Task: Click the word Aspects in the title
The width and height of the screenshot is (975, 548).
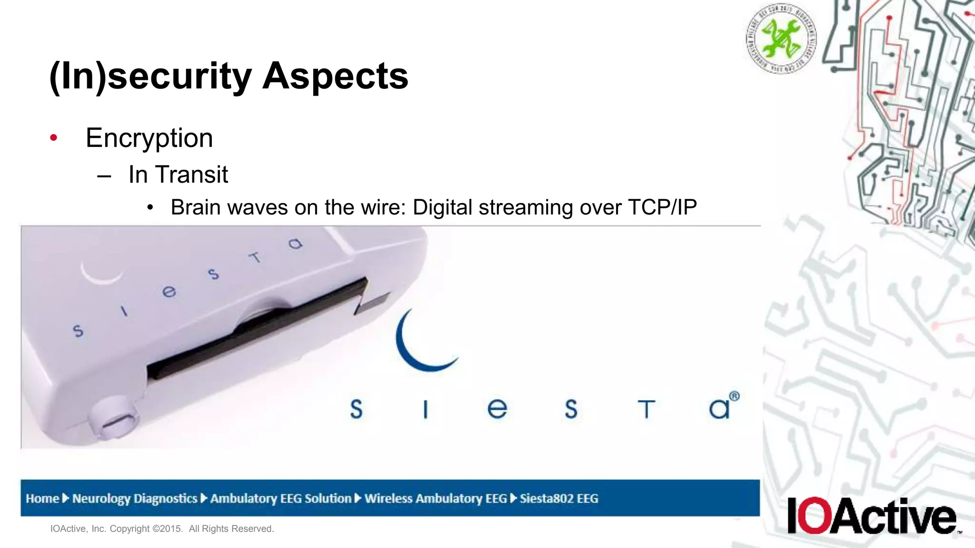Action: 335,76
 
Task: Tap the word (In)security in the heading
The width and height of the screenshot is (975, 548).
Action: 150,77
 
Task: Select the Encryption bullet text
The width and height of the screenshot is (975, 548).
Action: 149,138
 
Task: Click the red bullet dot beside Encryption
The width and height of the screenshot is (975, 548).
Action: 54,138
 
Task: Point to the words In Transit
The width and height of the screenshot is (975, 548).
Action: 178,175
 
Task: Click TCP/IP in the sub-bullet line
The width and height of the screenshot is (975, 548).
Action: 662,207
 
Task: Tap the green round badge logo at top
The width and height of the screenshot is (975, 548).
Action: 781,39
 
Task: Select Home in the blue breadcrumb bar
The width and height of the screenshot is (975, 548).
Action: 42,499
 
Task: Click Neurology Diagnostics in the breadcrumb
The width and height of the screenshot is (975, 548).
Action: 135,499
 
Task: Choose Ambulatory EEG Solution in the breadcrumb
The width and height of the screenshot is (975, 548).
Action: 281,499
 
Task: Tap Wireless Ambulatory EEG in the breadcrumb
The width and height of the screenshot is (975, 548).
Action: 436,499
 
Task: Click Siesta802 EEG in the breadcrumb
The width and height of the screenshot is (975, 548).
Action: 559,499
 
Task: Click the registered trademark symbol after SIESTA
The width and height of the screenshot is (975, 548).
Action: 735,396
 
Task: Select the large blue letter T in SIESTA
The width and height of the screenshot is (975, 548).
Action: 646,409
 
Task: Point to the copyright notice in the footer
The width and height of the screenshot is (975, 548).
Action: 162,528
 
